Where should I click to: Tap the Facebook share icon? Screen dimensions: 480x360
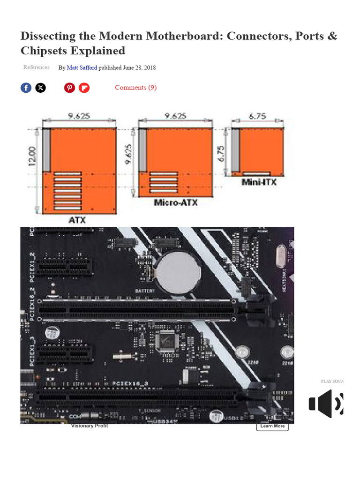point(26,88)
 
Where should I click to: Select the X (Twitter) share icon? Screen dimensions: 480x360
point(41,88)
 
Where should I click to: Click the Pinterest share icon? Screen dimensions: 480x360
point(69,88)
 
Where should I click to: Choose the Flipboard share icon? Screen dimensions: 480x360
point(84,88)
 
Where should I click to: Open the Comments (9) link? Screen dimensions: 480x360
point(135,88)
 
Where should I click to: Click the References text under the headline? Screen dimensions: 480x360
point(37,67)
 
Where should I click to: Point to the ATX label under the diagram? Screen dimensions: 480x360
point(78,219)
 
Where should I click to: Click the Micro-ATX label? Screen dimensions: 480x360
point(176,203)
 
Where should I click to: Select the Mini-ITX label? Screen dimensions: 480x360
point(259,182)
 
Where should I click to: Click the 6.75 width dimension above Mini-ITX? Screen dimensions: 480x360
point(257,116)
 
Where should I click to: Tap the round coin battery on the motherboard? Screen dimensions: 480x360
point(178,272)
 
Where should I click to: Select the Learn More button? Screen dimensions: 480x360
point(272,426)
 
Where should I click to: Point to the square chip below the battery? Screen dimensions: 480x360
point(167,340)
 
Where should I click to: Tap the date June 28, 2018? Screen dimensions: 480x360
point(140,68)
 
